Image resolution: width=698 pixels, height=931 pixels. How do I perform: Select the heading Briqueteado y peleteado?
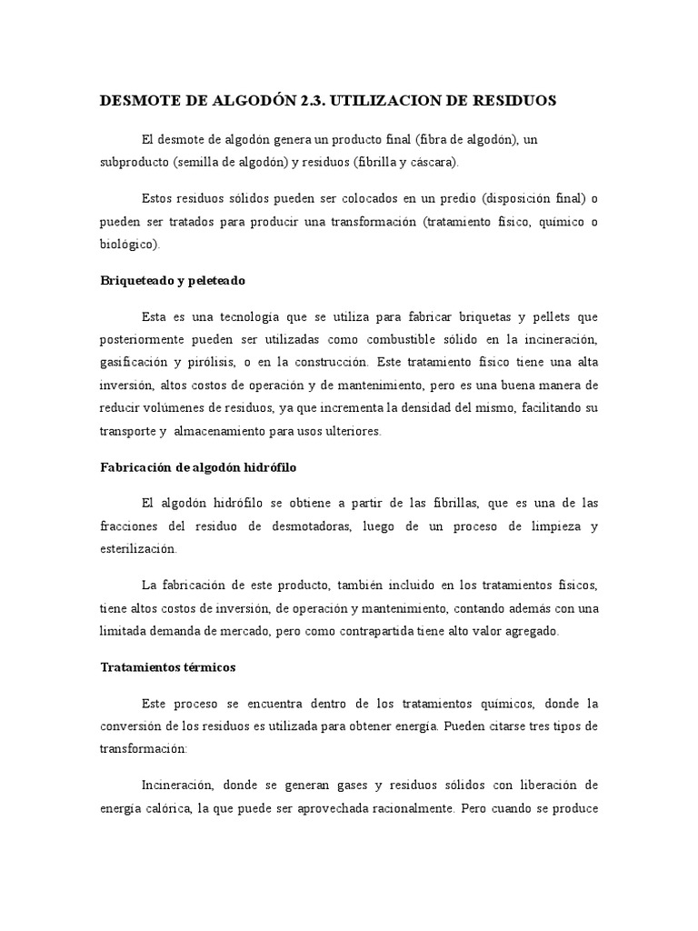click(173, 280)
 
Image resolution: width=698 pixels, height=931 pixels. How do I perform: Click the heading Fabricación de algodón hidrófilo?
click(198, 467)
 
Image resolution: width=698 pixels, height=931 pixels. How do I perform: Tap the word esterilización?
click(139, 549)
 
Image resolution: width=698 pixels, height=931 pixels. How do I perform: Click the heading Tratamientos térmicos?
click(167, 666)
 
